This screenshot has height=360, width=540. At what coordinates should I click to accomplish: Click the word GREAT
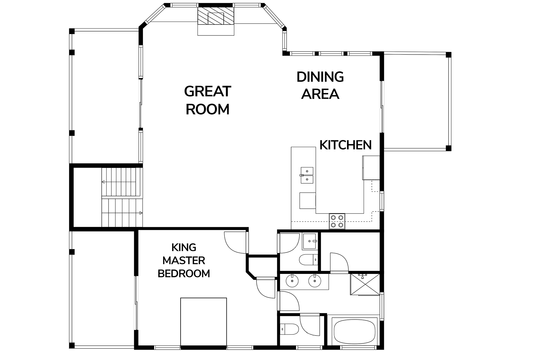click(208, 91)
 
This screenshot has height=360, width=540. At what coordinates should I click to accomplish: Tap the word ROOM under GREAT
click(208, 109)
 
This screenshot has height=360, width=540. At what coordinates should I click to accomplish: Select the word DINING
click(320, 77)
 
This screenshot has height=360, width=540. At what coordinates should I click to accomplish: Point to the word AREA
click(320, 94)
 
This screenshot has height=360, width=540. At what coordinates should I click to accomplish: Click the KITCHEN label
click(346, 145)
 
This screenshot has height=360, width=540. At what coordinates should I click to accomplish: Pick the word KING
click(184, 247)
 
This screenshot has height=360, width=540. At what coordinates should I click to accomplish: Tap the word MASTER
click(184, 260)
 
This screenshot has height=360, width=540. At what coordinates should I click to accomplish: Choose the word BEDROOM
click(184, 273)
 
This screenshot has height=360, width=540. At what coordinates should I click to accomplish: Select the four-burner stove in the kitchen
click(337, 221)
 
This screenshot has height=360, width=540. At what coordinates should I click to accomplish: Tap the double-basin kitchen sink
click(307, 175)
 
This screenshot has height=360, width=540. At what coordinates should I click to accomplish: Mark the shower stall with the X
click(365, 284)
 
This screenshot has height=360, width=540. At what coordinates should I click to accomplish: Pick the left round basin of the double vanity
click(292, 280)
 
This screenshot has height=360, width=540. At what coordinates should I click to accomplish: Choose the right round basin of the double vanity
click(314, 280)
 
